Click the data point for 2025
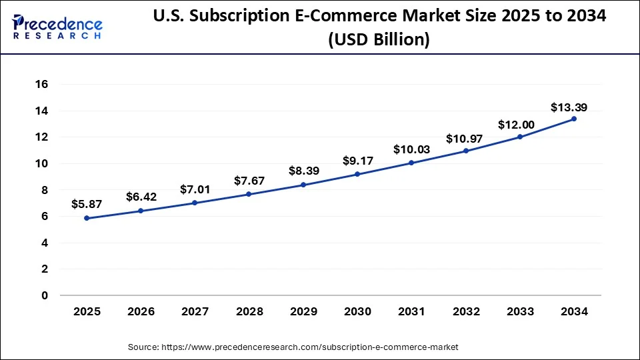point(86,218)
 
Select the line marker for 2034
point(574,119)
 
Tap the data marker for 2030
point(357,174)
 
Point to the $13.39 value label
point(569,107)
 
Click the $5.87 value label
point(86,204)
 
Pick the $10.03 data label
point(411,149)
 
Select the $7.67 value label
point(249,181)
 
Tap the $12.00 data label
point(514,125)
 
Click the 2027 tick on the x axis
point(194,311)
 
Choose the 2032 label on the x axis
point(465,311)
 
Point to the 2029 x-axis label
point(303,311)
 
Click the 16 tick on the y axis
point(42,84)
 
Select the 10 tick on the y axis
point(42,163)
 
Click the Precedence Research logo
point(57,27)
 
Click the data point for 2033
point(520,137)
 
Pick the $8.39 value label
point(303,171)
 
